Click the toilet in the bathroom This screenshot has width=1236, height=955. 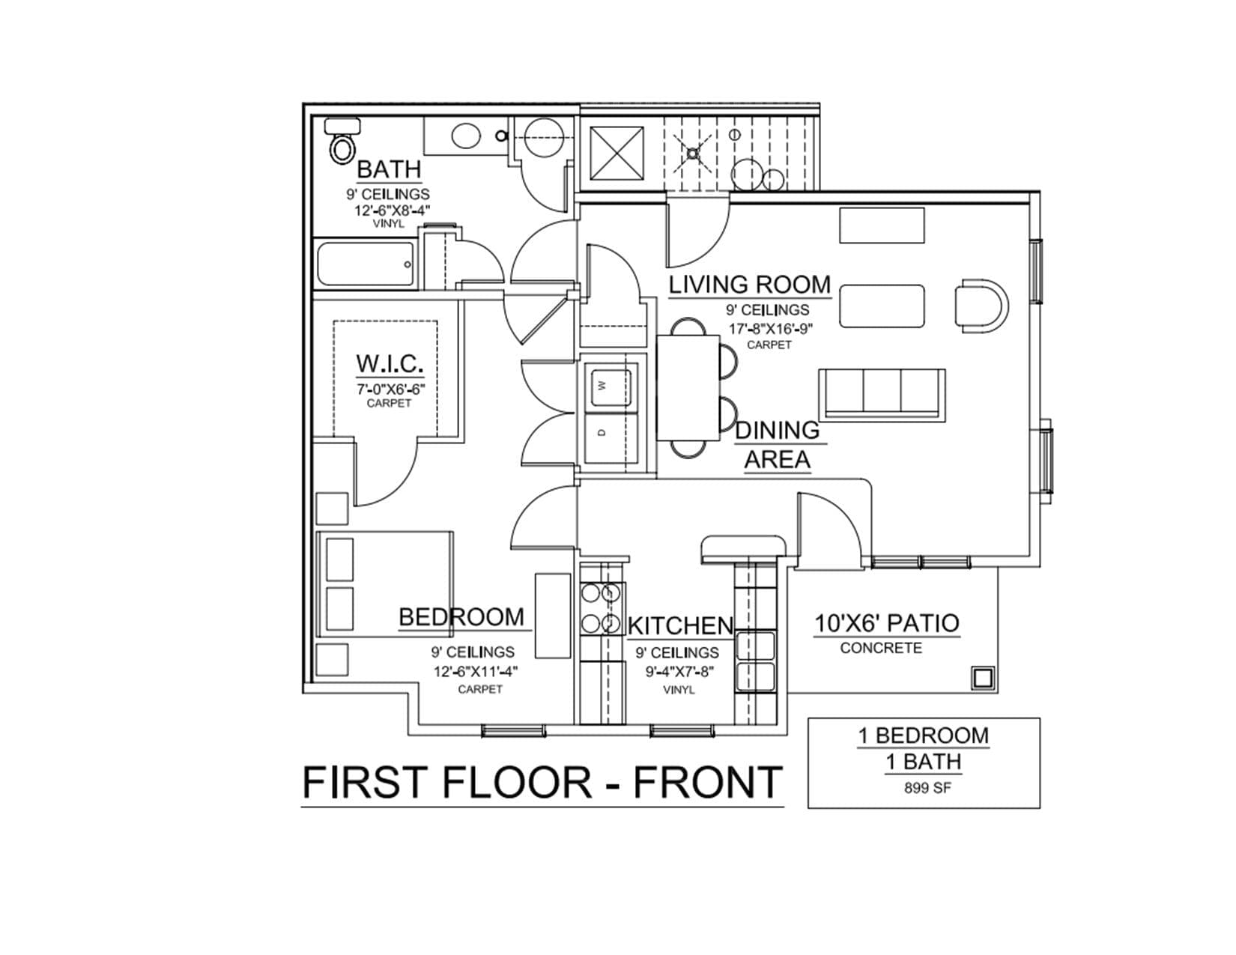342,141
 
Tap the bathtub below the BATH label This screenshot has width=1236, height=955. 366,264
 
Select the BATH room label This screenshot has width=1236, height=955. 389,169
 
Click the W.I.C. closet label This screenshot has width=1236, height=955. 390,363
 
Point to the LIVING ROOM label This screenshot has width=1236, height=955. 750,285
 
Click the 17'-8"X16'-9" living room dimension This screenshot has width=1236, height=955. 771,328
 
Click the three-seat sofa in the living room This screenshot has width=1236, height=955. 882,395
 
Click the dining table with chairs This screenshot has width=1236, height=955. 696,388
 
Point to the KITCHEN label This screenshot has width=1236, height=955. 680,625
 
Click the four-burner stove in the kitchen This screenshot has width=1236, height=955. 602,609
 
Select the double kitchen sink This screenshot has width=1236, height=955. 755,661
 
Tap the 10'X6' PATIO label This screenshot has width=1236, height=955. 887,623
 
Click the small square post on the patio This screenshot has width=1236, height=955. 983,678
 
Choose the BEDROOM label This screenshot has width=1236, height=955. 461,617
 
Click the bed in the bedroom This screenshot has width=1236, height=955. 385,584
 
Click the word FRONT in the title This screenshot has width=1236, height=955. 708,782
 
